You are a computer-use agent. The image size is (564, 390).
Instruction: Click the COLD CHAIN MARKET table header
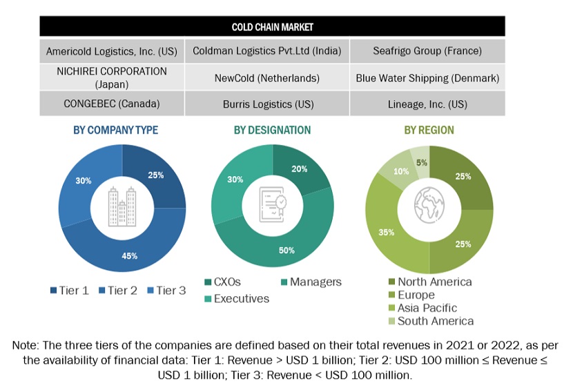pyautogui.click(x=272, y=27)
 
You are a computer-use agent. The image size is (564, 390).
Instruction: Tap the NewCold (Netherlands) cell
pyautogui.click(x=272, y=78)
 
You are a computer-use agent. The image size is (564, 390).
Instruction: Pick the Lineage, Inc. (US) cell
pyautogui.click(x=427, y=104)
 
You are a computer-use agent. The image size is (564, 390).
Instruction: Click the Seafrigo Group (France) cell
pyautogui.click(x=427, y=51)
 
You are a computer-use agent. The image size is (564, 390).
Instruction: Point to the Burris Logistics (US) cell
pyautogui.click(x=272, y=104)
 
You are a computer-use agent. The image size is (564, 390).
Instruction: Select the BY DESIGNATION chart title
pyautogui.click(x=272, y=130)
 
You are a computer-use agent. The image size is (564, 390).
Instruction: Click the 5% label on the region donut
pyautogui.click(x=421, y=163)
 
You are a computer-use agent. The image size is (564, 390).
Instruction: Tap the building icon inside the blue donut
pyautogui.click(x=121, y=208)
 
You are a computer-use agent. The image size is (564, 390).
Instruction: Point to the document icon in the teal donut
pyautogui.click(x=272, y=208)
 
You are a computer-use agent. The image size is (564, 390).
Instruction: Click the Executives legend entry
pyautogui.click(x=239, y=299)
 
